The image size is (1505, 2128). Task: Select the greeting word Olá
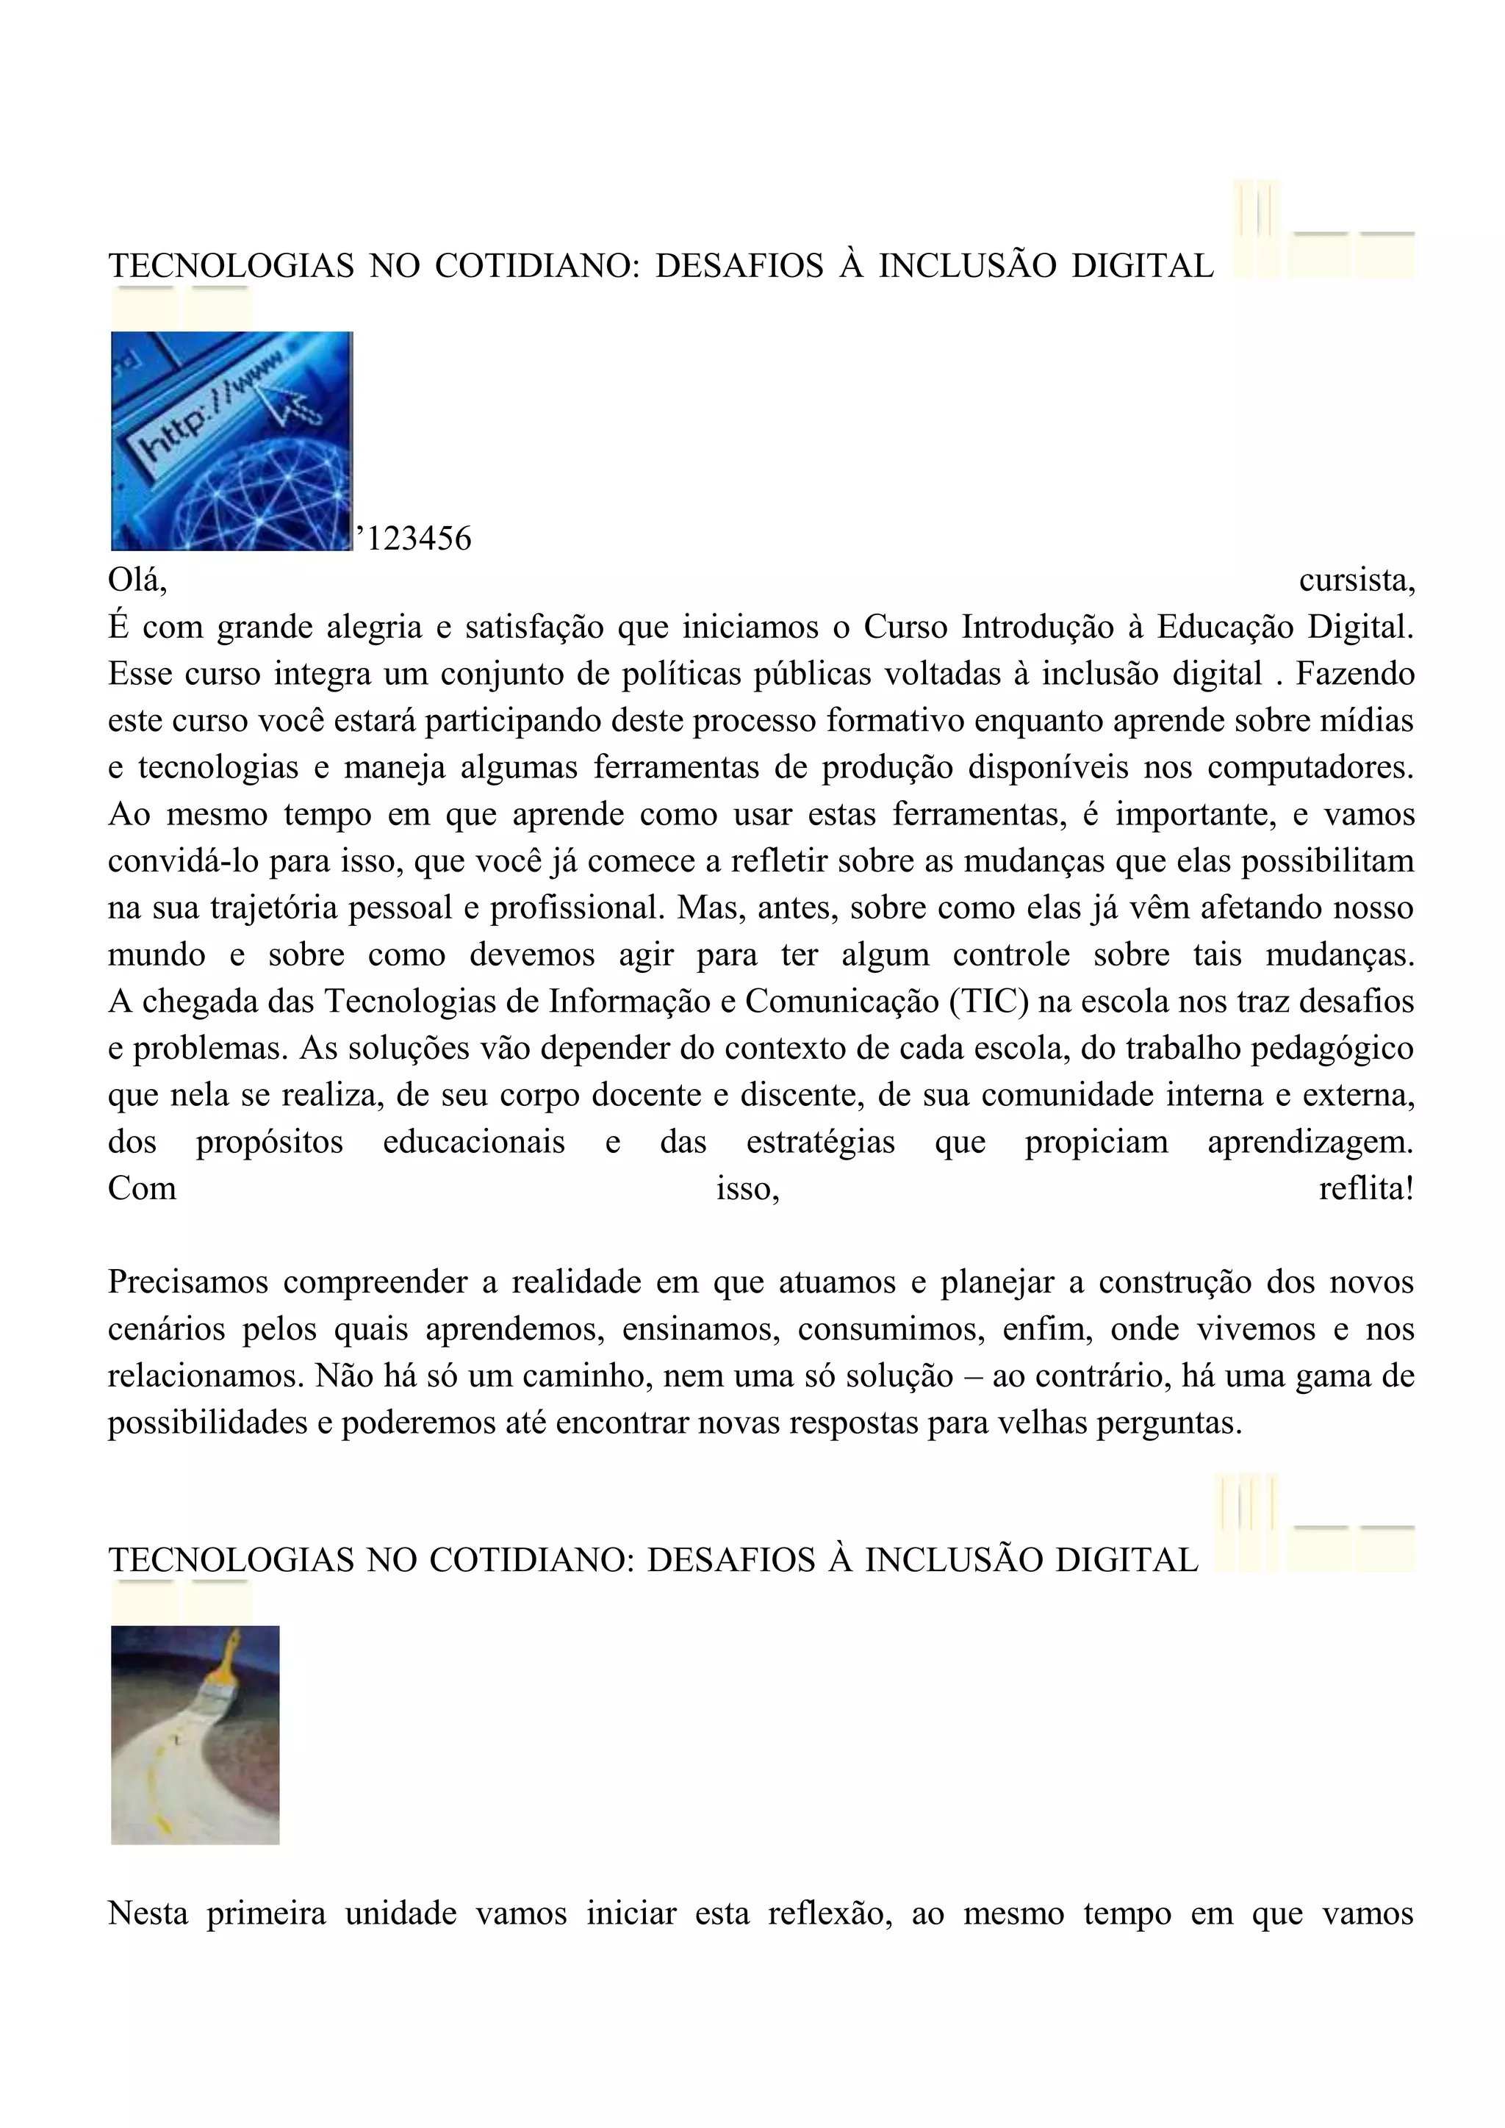tap(137, 581)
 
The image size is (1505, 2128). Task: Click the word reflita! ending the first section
tap(1366, 1189)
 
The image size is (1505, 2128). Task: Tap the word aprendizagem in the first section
tap(1310, 1143)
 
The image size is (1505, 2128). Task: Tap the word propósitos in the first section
tap(269, 1143)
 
